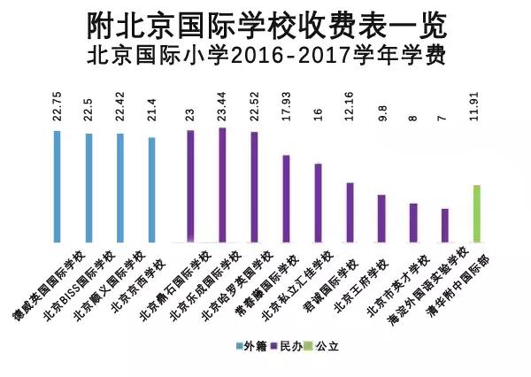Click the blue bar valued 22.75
57,186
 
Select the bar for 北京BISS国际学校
88,188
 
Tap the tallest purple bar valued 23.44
222,185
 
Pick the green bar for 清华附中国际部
477,213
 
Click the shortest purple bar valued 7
445,225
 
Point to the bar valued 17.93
286,198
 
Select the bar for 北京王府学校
381,218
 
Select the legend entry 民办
287,341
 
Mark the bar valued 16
318,203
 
